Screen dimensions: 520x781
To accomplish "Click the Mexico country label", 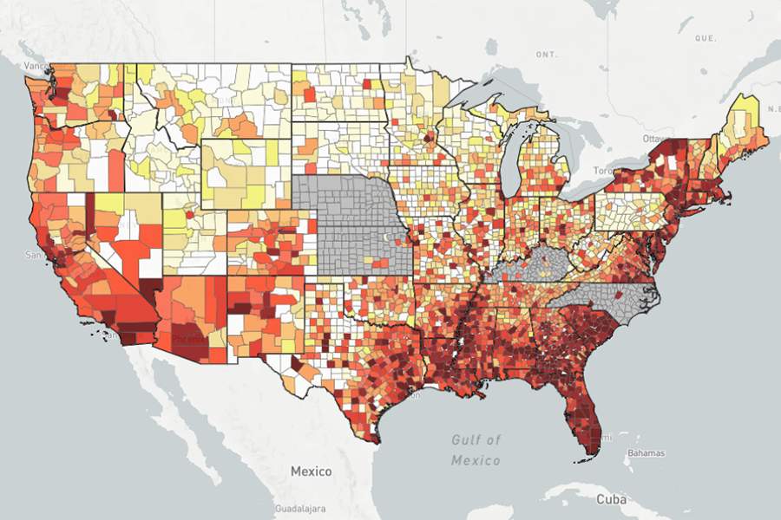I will coord(311,471).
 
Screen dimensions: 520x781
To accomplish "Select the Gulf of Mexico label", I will coord(476,450).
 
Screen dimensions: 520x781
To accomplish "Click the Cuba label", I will coord(611,500).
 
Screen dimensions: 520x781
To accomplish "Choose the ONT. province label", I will coord(546,54).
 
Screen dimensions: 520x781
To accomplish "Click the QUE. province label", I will coord(704,39).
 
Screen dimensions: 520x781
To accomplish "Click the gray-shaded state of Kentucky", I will coord(534,264).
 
